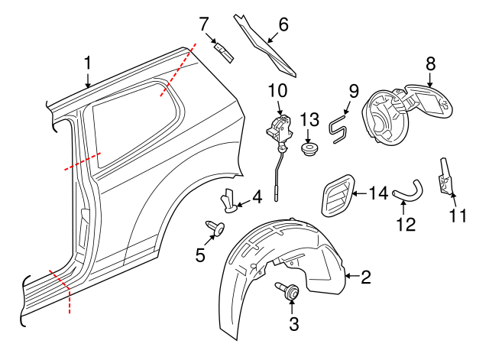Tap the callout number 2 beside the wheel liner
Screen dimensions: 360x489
click(365, 277)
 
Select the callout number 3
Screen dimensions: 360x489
click(294, 323)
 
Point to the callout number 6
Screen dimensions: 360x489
click(283, 24)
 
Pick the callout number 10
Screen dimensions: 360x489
click(277, 91)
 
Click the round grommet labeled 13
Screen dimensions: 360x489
click(310, 148)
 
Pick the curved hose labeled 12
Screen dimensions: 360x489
click(408, 189)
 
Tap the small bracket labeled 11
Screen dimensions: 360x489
click(445, 178)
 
